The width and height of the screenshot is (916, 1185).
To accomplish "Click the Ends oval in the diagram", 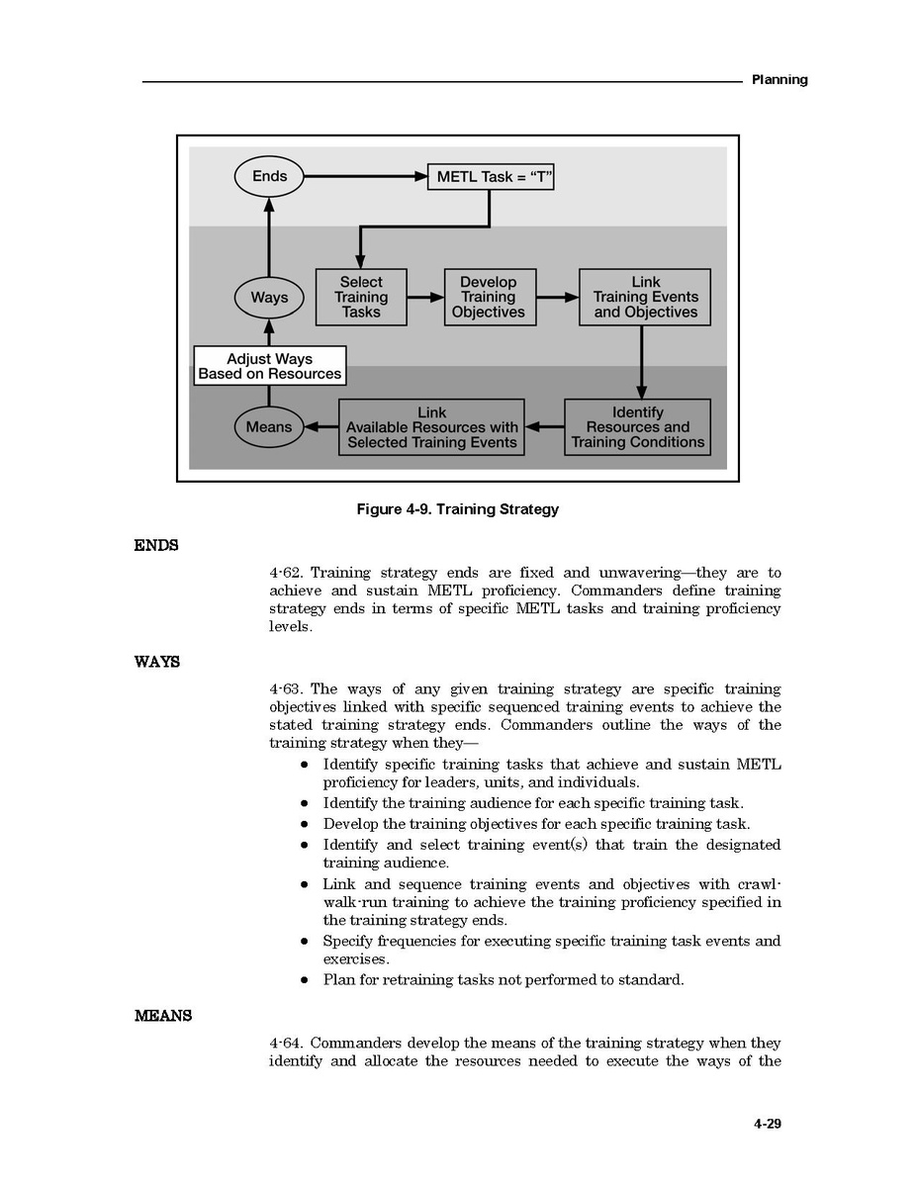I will coord(269,177).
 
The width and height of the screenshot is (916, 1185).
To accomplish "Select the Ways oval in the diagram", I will coord(269,297).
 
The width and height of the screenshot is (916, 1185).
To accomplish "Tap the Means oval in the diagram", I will coord(269,427).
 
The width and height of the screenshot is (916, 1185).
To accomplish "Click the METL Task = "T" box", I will coord(491,177).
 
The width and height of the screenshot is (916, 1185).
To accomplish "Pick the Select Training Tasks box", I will coord(361,297).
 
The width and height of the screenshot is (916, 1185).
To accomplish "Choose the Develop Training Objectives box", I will coord(489,297).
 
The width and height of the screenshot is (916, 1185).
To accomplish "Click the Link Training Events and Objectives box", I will coord(645,297).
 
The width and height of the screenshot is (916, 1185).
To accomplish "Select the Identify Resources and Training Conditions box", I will coord(638,427).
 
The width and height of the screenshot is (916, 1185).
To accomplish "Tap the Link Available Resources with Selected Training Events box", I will coord(431,427).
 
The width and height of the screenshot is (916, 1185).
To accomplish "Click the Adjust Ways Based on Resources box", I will coord(269,366).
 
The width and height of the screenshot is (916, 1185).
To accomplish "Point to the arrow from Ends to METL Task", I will coord(366,177).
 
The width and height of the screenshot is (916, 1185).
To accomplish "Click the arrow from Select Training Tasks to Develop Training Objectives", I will coord(425,297).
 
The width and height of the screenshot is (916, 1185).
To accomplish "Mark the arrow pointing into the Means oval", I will coord(321,427).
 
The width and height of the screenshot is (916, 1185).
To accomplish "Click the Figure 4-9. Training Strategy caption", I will coord(457,509).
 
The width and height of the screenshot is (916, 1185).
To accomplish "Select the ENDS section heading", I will coord(156,545).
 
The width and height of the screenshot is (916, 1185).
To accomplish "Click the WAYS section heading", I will coord(157,662).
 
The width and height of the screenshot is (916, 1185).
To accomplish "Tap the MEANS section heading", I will coord(163,1016).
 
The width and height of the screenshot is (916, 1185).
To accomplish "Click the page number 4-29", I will coord(767,1124).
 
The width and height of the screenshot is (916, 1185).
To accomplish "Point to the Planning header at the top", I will coord(779,79).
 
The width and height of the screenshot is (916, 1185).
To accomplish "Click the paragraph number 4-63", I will coord(288,689).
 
